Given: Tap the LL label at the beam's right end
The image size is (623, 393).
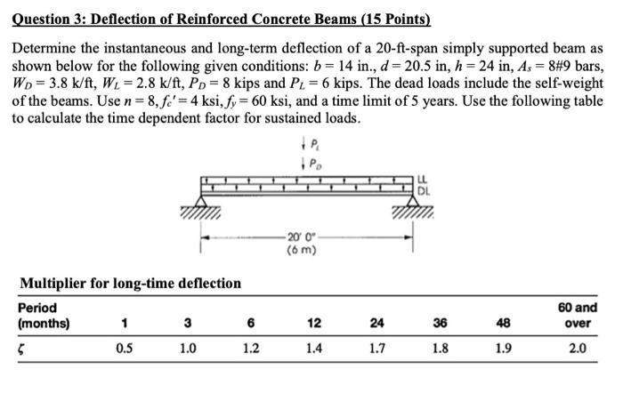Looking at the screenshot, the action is (424, 181).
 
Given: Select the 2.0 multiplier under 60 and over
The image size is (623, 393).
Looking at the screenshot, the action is (578, 348).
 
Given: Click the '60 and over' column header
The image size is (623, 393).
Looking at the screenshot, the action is (578, 316).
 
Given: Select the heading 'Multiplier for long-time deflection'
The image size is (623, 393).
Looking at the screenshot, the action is (130, 284).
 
